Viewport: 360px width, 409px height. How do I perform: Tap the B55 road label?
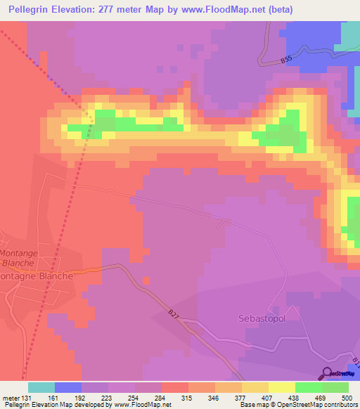(285, 61)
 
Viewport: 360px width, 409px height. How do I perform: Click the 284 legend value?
(162, 398)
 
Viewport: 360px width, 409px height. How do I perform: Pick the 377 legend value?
(242, 398)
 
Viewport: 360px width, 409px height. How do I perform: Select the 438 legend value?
(295, 398)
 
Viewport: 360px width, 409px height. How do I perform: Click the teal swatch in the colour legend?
(41, 387)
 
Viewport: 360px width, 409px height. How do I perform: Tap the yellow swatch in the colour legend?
(255, 387)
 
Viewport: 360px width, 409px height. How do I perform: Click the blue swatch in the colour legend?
(68, 387)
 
